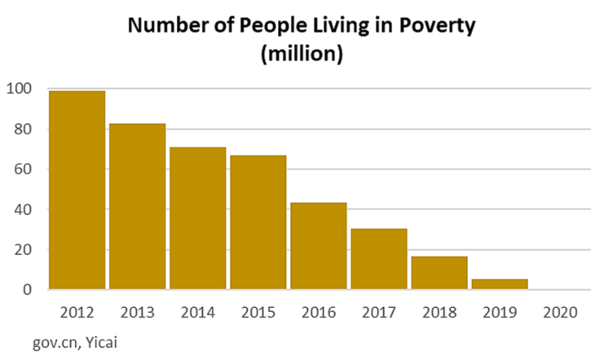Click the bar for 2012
click(x=77, y=190)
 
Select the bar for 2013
click(x=137, y=206)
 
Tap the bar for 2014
click(x=197, y=218)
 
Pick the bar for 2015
click(x=258, y=222)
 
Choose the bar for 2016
click(x=318, y=246)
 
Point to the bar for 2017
click(x=379, y=259)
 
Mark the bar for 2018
click(x=439, y=273)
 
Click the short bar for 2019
click(x=500, y=284)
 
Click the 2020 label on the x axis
click(x=560, y=312)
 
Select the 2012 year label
click(x=77, y=312)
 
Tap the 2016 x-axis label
click(x=318, y=312)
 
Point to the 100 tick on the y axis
click(x=20, y=89)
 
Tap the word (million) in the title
click(x=301, y=55)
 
